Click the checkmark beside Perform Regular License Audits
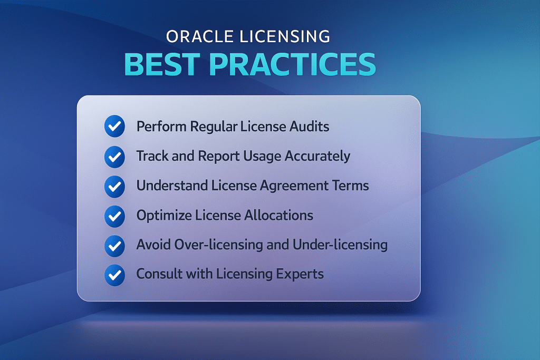click(x=114, y=127)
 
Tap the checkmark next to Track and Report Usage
click(x=114, y=157)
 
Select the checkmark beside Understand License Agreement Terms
click(x=114, y=186)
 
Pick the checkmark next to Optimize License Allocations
click(x=114, y=216)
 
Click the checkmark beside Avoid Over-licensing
click(x=114, y=245)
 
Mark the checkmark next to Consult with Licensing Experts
click(x=114, y=275)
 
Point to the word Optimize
click(x=159, y=216)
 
